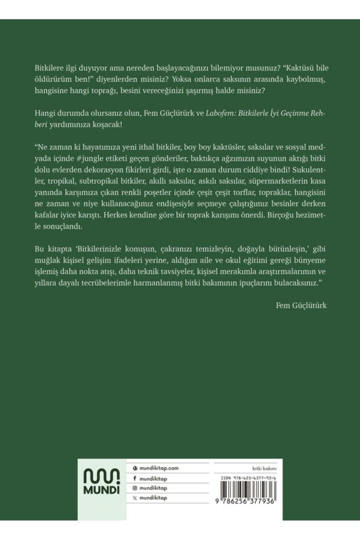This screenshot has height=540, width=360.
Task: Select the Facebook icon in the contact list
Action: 135,478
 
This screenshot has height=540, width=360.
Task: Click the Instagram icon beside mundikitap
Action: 135,488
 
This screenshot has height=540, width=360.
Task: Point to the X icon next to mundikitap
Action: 135,498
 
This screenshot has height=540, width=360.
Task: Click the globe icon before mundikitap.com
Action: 135,468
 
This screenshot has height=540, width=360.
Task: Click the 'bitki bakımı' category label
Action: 266,468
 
